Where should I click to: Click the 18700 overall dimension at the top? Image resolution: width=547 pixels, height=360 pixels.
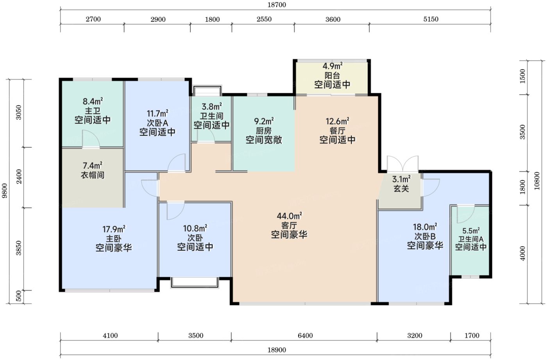click(x=277, y=5)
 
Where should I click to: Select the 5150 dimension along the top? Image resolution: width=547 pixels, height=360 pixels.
click(x=431, y=19)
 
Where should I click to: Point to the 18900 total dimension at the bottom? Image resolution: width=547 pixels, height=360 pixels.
click(x=277, y=350)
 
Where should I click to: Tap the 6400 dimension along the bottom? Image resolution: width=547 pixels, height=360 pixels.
click(x=305, y=335)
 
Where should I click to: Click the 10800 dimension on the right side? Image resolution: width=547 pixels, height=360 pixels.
click(x=536, y=181)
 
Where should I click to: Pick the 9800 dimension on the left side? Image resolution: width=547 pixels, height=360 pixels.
click(x=5, y=191)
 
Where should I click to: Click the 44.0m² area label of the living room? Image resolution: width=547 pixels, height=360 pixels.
click(x=289, y=216)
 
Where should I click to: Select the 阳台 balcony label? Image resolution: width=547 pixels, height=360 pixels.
click(x=332, y=75)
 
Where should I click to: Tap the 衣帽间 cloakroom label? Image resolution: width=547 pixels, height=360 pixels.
click(x=93, y=175)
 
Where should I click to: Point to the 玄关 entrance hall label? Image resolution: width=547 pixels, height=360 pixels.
click(x=401, y=189)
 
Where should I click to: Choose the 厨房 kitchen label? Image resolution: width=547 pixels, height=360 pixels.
click(x=264, y=130)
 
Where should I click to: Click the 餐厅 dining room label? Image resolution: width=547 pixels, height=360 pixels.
click(x=338, y=130)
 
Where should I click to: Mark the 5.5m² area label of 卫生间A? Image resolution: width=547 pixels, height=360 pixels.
click(x=471, y=231)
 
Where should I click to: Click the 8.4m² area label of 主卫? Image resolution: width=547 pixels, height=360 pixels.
click(x=93, y=101)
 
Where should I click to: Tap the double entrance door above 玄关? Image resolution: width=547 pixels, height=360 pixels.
click(x=402, y=164)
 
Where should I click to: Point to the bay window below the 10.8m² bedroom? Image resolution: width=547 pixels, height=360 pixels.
click(x=195, y=282)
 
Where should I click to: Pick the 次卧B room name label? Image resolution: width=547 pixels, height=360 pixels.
click(x=425, y=236)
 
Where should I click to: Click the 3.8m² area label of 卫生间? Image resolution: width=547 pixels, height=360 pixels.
click(x=212, y=107)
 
